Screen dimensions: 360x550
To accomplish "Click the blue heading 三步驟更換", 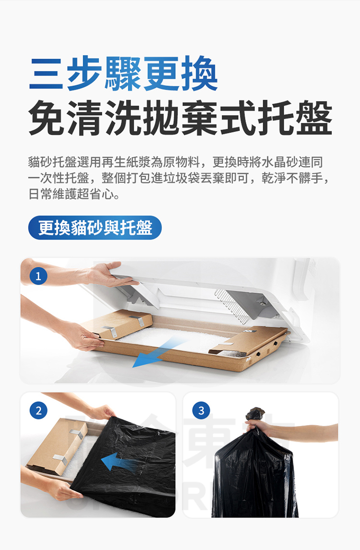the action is coord(123,73).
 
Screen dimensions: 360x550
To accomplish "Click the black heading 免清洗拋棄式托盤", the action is coord(180,118).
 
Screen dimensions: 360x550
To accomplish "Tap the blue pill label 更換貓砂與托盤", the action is coord(95,227).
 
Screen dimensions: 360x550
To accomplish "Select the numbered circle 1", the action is coord(38,276).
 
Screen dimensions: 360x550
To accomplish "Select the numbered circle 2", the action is coord(38,410).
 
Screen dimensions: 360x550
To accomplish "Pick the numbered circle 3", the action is coord(201,410).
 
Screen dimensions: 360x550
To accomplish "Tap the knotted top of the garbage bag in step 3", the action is coord(255,414).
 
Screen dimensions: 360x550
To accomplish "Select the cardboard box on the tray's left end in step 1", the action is coord(118,324).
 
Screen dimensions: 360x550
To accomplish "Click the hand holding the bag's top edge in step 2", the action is coord(102,412).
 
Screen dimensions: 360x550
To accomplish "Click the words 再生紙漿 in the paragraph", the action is coord(126,162).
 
